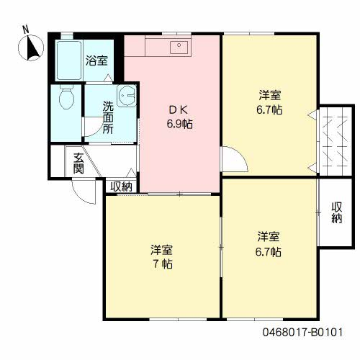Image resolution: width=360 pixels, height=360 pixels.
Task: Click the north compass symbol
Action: (31, 48)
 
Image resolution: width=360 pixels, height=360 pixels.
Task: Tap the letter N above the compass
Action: (25, 30)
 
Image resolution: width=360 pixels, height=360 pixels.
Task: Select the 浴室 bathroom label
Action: (96, 60)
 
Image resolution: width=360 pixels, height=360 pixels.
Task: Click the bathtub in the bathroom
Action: (69, 60)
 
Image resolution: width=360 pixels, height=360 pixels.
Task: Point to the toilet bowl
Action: (66, 98)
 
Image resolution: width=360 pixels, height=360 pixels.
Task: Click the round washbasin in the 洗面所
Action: (127, 96)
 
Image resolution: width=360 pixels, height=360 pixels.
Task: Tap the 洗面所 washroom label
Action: (108, 117)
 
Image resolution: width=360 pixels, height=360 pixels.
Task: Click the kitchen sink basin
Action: (179, 48)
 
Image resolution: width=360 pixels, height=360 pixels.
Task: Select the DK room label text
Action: (178, 110)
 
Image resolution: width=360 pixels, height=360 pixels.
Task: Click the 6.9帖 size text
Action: (180, 124)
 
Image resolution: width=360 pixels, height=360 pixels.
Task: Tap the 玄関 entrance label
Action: (78, 163)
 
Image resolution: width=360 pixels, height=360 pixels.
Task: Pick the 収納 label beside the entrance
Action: (122, 186)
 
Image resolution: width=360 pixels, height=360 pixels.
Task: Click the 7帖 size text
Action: (163, 264)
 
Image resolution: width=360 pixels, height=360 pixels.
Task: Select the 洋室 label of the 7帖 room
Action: (161, 250)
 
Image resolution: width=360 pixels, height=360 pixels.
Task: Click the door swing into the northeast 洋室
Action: (235, 159)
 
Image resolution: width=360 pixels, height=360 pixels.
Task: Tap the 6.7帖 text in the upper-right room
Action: (269, 110)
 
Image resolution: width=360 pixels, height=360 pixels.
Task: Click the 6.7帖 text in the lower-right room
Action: (269, 252)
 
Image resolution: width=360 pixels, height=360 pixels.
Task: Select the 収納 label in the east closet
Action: (337, 212)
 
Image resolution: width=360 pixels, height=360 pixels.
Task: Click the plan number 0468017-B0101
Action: (303, 333)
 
